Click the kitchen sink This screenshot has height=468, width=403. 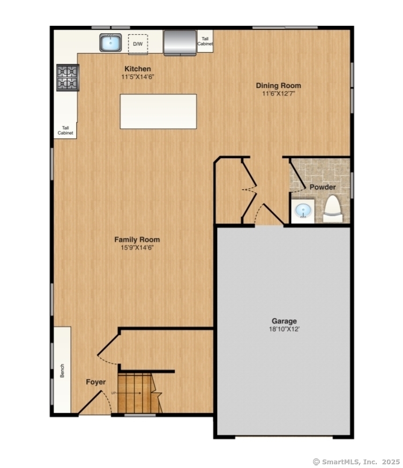click(x=110, y=43)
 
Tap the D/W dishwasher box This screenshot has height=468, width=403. click(x=138, y=44)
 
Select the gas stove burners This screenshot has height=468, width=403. click(x=68, y=78)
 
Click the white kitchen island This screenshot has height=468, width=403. click(x=158, y=112)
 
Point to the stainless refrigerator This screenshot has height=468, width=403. click(x=180, y=43)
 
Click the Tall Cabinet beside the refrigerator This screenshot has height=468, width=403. click(x=205, y=42)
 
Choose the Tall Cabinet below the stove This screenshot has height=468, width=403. click(x=65, y=130)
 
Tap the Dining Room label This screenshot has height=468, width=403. click(x=278, y=85)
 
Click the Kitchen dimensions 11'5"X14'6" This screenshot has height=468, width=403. click(x=138, y=77)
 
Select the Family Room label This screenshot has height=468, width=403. click(x=137, y=240)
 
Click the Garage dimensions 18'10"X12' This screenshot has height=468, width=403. click(x=284, y=329)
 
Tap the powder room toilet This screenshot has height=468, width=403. click(x=332, y=209)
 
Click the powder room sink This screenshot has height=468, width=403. click(x=303, y=211)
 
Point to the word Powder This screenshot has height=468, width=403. click(x=323, y=187)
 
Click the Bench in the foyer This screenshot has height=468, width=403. click(x=62, y=370)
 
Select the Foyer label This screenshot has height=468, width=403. click(x=96, y=382)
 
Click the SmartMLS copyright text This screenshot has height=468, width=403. click(x=356, y=461)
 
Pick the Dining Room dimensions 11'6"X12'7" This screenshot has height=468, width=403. click(x=279, y=93)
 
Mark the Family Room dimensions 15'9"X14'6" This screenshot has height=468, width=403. click(x=137, y=248)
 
